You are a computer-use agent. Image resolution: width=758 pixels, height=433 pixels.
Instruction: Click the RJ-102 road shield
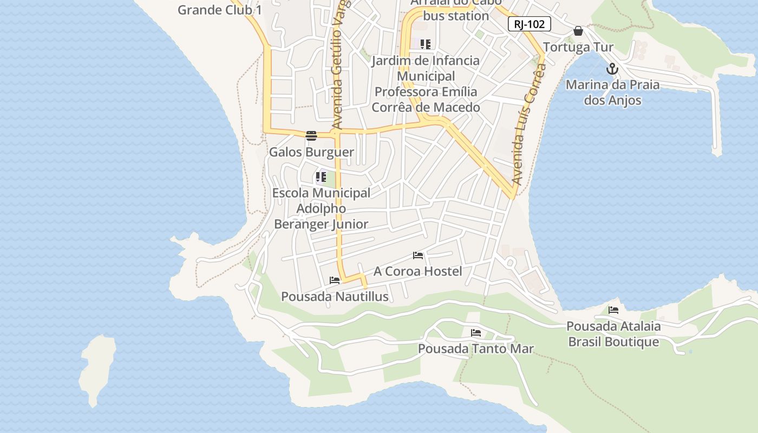pos(529,24)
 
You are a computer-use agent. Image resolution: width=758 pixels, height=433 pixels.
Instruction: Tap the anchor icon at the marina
pos(612,69)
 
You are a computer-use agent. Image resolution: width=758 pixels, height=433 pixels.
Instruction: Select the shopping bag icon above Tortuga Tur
pos(578,31)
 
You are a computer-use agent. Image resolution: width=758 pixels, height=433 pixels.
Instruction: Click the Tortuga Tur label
pos(578,47)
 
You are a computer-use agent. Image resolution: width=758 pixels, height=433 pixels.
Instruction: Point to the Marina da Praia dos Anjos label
pos(612,93)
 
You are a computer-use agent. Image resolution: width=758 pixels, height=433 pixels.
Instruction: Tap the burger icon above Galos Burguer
pos(311,136)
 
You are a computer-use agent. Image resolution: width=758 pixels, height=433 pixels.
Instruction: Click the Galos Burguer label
pos(311,152)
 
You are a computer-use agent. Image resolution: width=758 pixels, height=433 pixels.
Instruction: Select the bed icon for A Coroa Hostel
pos(418,255)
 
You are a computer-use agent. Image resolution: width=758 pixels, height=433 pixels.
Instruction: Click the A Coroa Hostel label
pos(418,271)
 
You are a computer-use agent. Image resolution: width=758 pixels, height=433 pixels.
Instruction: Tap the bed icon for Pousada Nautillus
pos(335,280)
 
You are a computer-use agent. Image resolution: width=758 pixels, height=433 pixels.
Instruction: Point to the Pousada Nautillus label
pos(335,297)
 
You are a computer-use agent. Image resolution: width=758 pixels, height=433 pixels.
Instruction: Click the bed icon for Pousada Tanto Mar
pos(476,333)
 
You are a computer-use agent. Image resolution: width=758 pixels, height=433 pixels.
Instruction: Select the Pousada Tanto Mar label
pos(476,349)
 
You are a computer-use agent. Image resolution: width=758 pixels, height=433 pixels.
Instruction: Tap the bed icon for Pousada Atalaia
pos(613,310)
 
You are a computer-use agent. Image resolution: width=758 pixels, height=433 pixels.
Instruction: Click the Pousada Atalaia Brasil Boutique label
pos(613,334)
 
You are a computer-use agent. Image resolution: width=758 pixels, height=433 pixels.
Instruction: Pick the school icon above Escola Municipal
pos(321,176)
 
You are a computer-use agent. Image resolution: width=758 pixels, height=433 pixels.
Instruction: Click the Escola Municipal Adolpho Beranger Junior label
pos(321,208)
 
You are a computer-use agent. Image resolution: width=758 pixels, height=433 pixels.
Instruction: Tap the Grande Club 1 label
pos(219,10)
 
